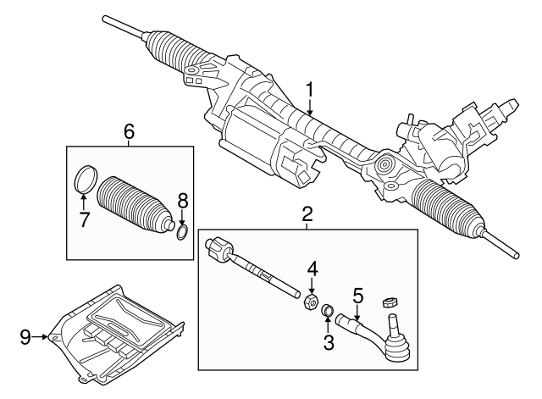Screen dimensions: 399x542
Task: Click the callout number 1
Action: [310, 88]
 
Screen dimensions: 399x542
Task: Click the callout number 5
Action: [357, 296]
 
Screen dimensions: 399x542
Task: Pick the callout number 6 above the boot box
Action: [129, 131]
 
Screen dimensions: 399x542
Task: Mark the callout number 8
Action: [182, 202]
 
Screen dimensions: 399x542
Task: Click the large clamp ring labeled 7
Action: [84, 180]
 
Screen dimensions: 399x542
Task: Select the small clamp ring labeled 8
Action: [182, 231]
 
